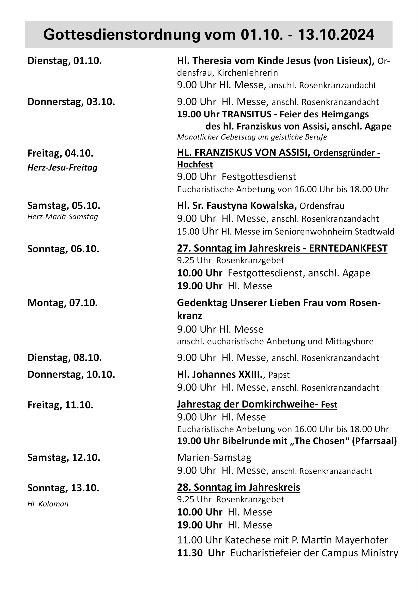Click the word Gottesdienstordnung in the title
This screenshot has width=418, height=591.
point(122,35)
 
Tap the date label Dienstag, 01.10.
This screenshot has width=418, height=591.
point(64,61)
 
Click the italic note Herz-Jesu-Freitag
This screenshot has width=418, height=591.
point(62,168)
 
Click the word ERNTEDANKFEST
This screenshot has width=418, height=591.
point(348,248)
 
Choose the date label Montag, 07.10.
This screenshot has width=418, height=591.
point(62,303)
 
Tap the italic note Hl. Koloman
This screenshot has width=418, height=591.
point(48,504)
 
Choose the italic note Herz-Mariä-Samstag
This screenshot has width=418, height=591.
point(63,217)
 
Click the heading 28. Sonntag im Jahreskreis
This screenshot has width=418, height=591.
point(238,487)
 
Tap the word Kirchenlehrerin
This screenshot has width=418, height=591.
point(247,73)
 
